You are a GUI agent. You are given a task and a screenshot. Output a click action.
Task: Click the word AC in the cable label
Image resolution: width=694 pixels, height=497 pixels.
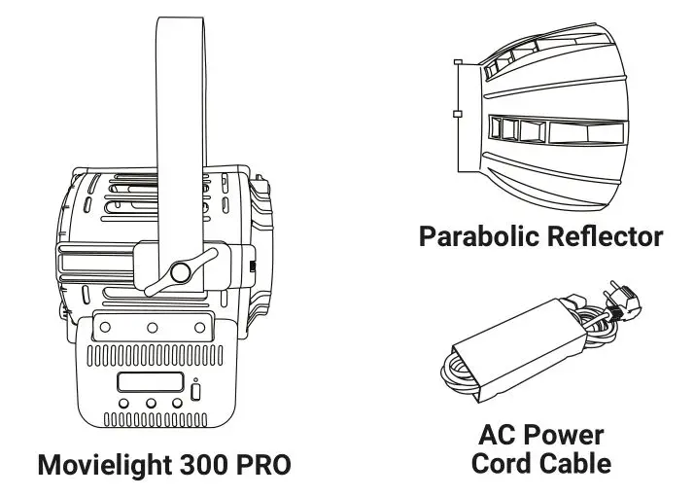point(501,435)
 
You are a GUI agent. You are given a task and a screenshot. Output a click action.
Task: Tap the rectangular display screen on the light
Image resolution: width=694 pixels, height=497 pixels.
point(150,383)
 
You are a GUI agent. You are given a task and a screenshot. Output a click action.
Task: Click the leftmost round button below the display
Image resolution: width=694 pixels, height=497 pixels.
point(124,404)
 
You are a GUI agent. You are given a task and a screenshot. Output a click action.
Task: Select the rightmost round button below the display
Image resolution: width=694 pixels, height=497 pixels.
point(176,404)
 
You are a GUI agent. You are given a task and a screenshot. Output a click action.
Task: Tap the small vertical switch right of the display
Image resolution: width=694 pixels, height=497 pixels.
point(197,391)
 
